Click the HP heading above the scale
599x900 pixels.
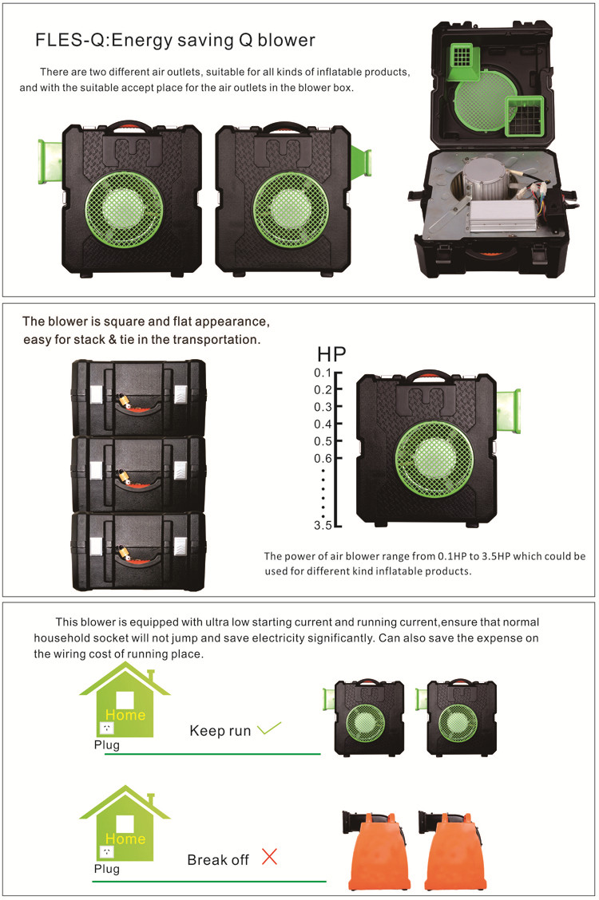[333, 353]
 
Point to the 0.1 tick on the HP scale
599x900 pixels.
[323, 373]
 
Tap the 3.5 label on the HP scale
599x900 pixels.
[323, 525]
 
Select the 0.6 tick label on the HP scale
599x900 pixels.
[323, 458]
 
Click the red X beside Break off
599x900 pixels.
[269, 858]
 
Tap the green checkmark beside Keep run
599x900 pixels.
[271, 728]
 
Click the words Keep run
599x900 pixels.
[220, 730]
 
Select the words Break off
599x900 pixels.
[218, 860]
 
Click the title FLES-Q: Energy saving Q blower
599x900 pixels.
[175, 40]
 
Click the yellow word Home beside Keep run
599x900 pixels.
[125, 715]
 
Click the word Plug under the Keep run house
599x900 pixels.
[106, 745]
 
